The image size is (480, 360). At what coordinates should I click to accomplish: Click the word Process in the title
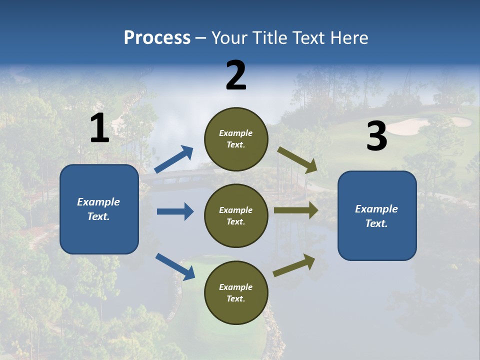pos(157,38)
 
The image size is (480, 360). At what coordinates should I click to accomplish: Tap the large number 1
pos(99,128)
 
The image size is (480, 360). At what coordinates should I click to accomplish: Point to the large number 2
pos(236,75)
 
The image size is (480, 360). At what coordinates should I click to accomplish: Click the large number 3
pos(376,136)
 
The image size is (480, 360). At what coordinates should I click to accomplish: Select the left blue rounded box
pos(99,209)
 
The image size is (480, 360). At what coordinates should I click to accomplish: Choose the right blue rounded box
pos(377,215)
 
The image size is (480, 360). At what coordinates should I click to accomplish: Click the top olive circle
pos(236,139)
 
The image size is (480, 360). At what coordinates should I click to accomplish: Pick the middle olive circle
pos(236,215)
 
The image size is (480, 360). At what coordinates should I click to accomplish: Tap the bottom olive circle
pos(236,292)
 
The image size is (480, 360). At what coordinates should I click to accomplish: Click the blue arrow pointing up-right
pos(174,159)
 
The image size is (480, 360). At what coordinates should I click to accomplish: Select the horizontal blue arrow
pos(175,211)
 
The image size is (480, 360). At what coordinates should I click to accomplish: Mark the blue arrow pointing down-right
pos(175,266)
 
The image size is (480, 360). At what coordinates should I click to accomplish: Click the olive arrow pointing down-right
pos(297,159)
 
